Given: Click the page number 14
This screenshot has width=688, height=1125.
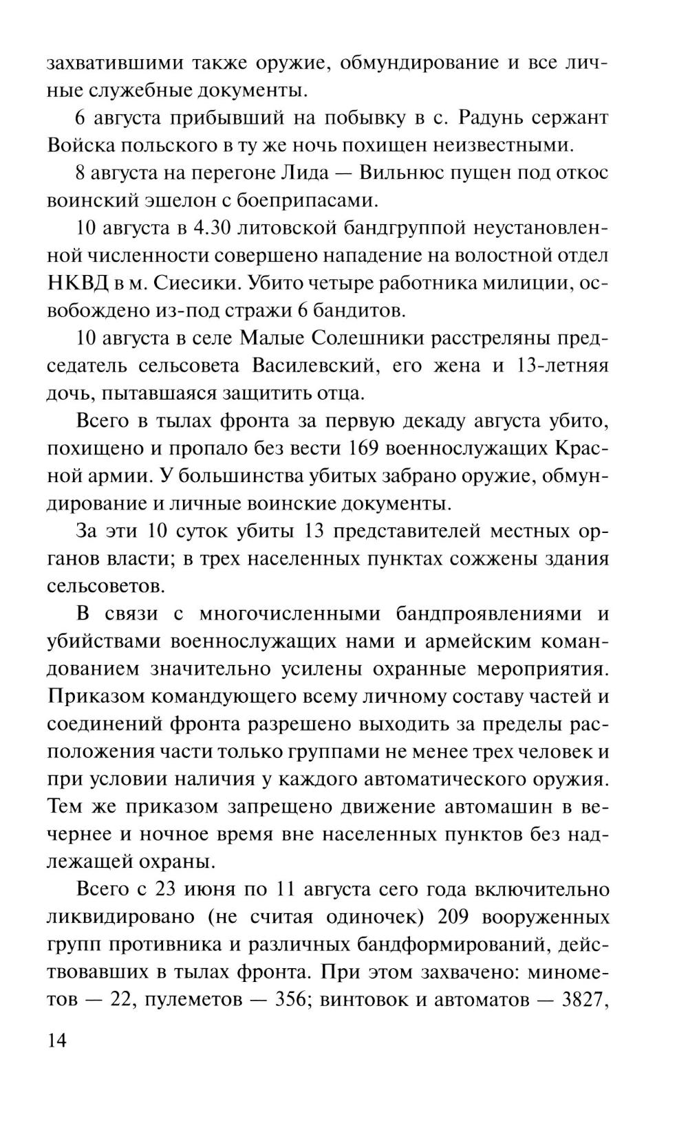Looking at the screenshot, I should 56,1040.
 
